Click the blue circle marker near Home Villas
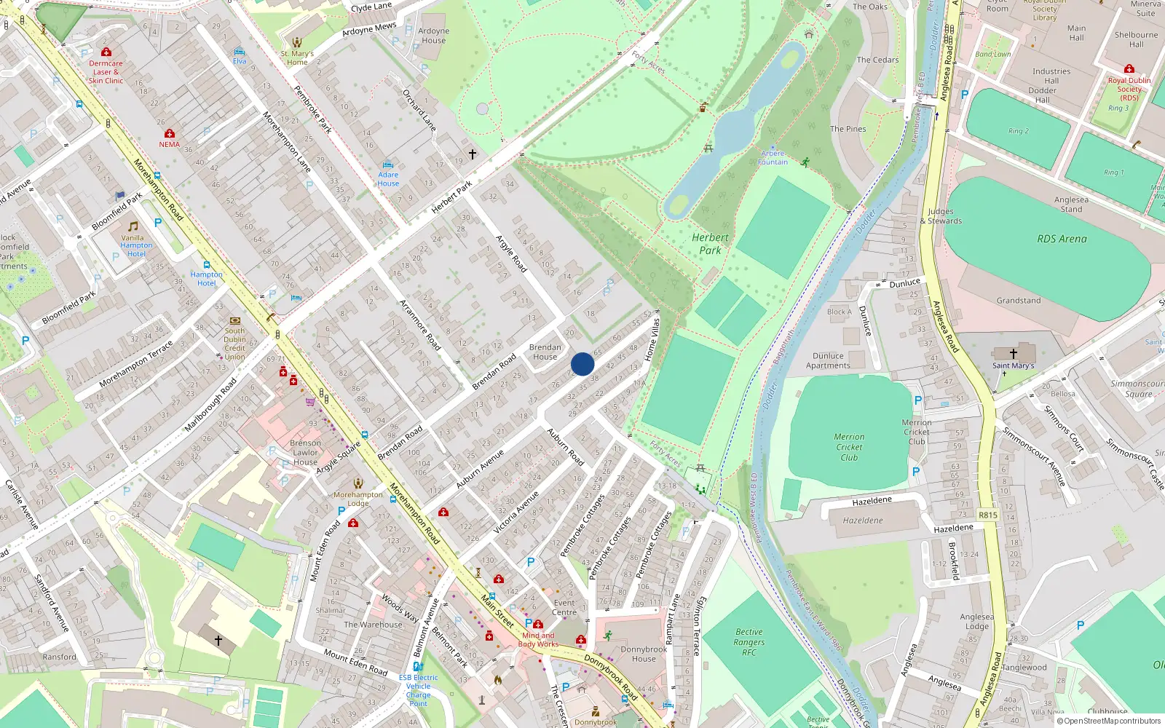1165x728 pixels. pyautogui.click(x=582, y=364)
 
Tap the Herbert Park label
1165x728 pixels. pyautogui.click(x=710, y=244)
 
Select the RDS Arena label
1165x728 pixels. pyautogui.click(x=1062, y=239)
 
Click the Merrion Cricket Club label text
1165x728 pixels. pyautogui.click(x=849, y=447)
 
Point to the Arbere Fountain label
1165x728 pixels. pyautogui.click(x=773, y=158)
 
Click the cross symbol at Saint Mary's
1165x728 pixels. pyautogui.click(x=1013, y=353)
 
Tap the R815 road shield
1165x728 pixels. pyautogui.click(x=987, y=515)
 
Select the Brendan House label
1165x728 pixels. pyautogui.click(x=545, y=352)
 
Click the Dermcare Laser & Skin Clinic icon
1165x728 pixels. pyautogui.click(x=106, y=52)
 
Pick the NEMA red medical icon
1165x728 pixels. pyautogui.click(x=170, y=133)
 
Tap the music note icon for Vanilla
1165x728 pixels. pyautogui.click(x=133, y=226)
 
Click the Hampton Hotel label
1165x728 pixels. pyautogui.click(x=206, y=279)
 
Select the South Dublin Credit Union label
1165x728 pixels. pyautogui.click(x=234, y=344)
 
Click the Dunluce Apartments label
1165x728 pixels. pyautogui.click(x=828, y=361)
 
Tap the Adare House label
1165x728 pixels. pyautogui.click(x=388, y=179)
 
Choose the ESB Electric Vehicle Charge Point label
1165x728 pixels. pyautogui.click(x=418, y=690)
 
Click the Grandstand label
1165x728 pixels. pyautogui.click(x=1018, y=301)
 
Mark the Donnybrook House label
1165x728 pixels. pyautogui.click(x=643, y=654)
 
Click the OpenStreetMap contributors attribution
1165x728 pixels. pyautogui.click(x=1108, y=721)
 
